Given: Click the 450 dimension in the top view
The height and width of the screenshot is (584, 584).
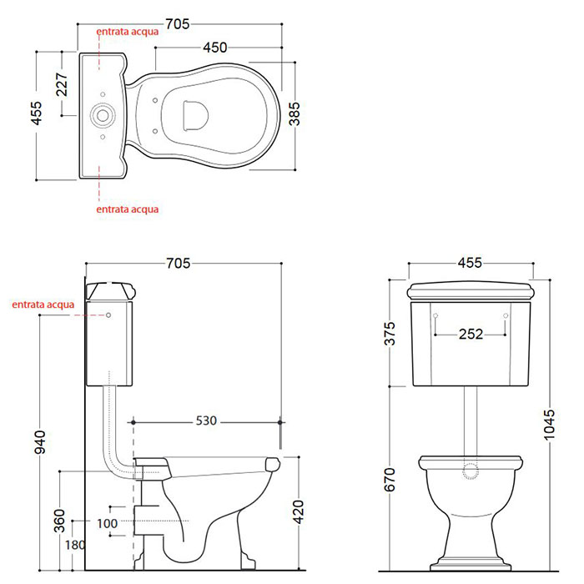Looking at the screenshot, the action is (215, 48).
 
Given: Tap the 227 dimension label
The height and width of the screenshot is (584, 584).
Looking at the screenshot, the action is (62, 84).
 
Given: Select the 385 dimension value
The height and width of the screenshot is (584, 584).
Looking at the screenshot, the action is (295, 114).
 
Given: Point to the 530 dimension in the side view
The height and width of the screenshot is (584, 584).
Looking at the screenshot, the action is (206, 420).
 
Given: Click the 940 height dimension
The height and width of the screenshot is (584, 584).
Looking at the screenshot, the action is (40, 442).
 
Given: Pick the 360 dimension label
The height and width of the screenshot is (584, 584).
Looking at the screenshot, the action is (59, 521).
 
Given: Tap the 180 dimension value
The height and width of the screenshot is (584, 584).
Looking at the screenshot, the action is (75, 546).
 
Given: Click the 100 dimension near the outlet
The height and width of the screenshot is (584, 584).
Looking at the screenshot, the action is (107, 524).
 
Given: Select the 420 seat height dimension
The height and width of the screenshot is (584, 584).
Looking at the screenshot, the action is (299, 512).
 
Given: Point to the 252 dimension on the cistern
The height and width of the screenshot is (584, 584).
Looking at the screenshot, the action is (471, 334).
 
